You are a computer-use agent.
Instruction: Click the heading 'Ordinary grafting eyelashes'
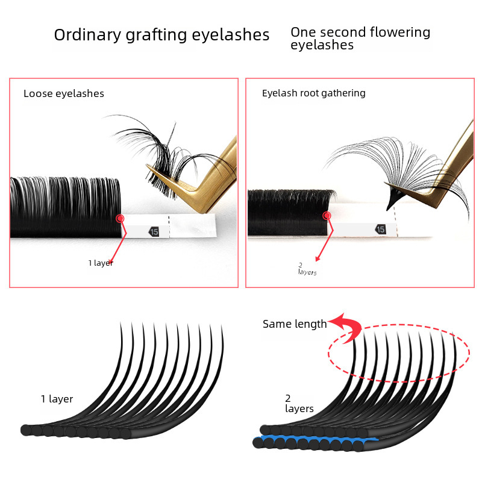(x=161, y=35)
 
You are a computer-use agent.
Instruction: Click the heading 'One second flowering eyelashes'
(x=360, y=38)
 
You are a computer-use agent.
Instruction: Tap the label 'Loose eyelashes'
(x=64, y=93)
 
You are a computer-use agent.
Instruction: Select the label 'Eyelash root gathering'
(x=313, y=93)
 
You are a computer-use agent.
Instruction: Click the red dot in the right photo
(x=327, y=215)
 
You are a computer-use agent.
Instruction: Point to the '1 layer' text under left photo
(x=101, y=263)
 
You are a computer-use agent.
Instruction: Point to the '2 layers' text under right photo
(x=307, y=269)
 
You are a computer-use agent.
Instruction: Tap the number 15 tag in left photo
(x=154, y=231)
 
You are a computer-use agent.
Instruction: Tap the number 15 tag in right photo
(x=380, y=229)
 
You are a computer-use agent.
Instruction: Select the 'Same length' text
(x=295, y=324)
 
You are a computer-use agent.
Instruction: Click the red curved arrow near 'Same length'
(x=348, y=328)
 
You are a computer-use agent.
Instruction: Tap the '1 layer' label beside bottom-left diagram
(x=57, y=399)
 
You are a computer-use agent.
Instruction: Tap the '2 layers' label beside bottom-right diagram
(x=299, y=404)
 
